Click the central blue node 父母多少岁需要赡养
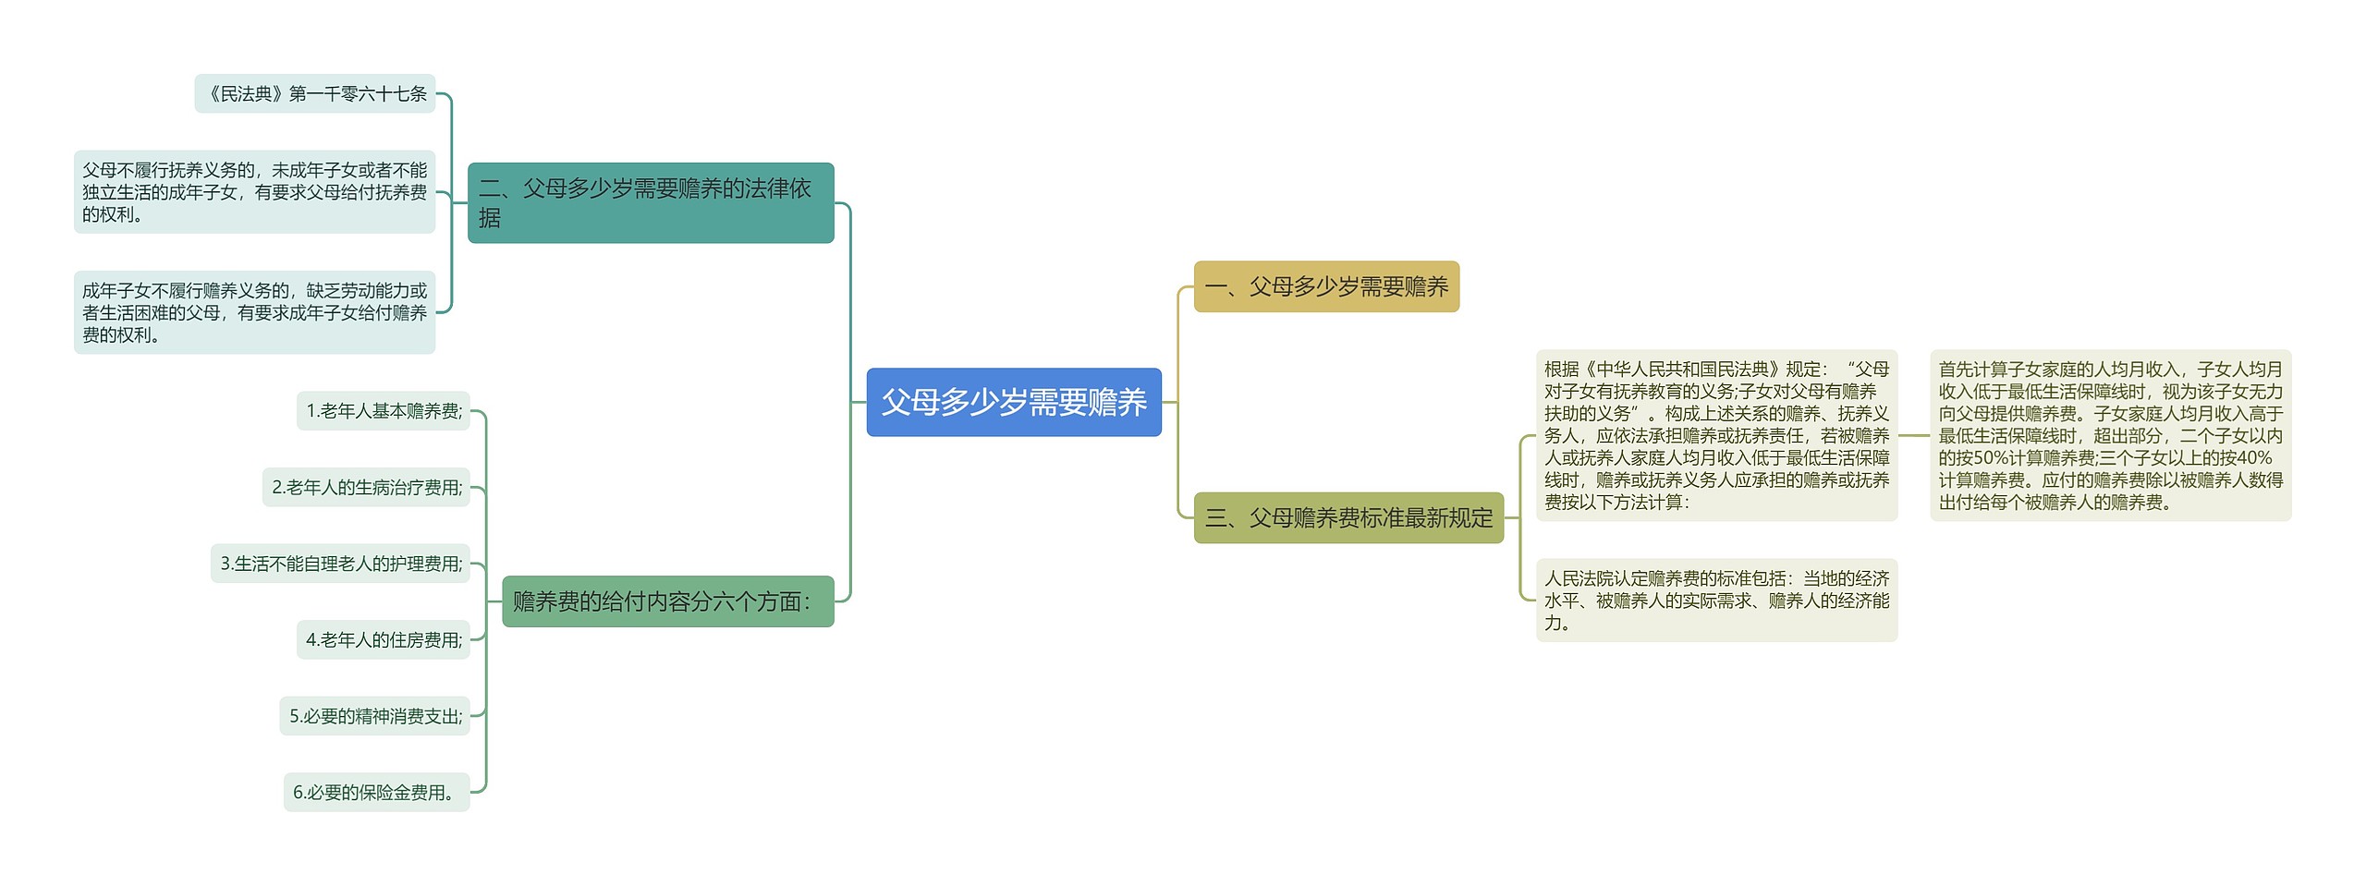pos(1013,402)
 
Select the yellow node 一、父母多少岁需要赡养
pos(1325,286)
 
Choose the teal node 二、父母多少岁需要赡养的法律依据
pos(650,202)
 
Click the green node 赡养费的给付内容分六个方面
pos(667,601)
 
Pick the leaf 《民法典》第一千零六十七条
pos(314,93)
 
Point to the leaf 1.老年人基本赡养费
pos(383,411)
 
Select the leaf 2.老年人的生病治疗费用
pos(366,487)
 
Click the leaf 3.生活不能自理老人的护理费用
pos(340,564)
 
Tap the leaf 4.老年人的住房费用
pos(383,639)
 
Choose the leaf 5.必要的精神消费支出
pos(374,716)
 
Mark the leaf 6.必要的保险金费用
pos(376,792)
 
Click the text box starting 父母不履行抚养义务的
pos(254,192)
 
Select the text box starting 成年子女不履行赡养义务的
pos(254,312)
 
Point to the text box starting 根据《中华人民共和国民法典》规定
pos(1716,435)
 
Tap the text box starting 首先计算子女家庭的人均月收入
pos(2110,435)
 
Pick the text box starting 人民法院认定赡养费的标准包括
pos(1716,601)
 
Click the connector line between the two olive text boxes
pos(1914,435)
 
